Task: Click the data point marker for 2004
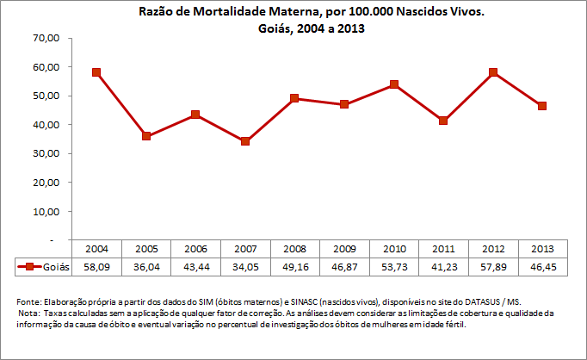tap(96, 72)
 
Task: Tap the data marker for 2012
tap(493, 72)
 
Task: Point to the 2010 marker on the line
tap(394, 84)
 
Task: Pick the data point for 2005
tap(146, 136)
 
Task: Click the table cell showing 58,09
tap(96, 267)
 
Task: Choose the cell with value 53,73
tap(394, 267)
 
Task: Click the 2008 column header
tap(294, 248)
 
